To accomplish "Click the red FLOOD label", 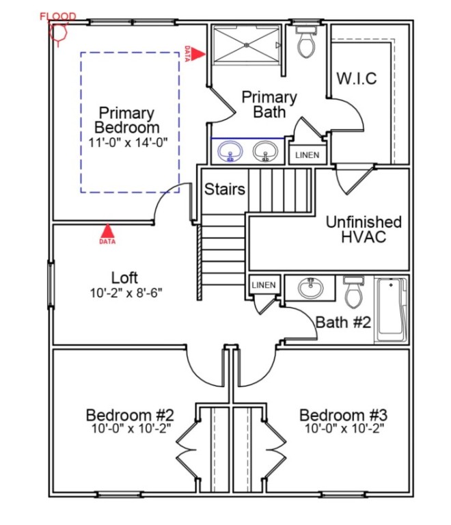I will pyautogui.click(x=58, y=16).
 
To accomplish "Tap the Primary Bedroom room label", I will pyautogui.click(x=127, y=120).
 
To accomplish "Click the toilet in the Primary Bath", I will pyautogui.click(x=305, y=44).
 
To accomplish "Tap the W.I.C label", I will pyautogui.click(x=356, y=79).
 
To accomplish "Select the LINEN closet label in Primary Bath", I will pyautogui.click(x=307, y=155).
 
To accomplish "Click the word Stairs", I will pyautogui.click(x=225, y=189).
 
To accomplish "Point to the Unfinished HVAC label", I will pyautogui.click(x=363, y=230).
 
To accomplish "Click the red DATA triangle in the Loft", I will pyautogui.click(x=107, y=231).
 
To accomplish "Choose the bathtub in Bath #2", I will pyautogui.click(x=391, y=309).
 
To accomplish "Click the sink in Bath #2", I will pyautogui.click(x=312, y=288).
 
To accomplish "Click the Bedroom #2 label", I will pyautogui.click(x=130, y=416).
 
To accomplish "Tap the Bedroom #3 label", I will pyautogui.click(x=344, y=416).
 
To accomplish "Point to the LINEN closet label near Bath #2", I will pyautogui.click(x=264, y=284).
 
